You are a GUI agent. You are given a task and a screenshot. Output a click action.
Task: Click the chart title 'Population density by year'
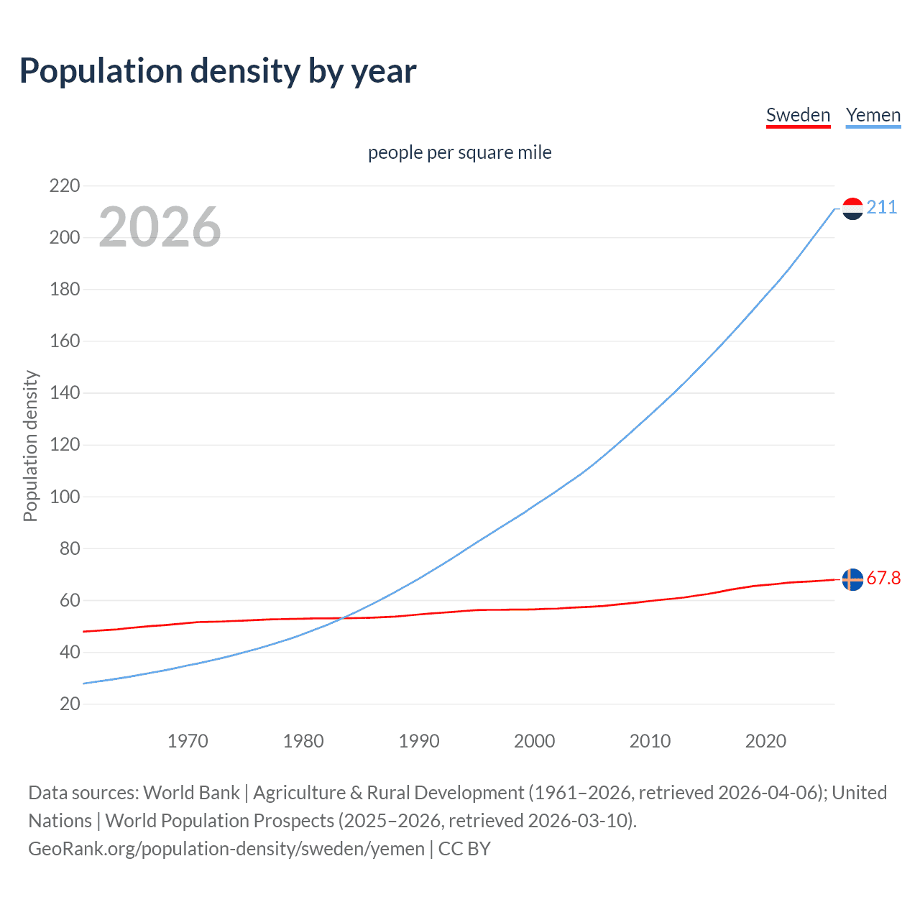[218, 70]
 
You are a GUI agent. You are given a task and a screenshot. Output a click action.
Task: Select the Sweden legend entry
[798, 115]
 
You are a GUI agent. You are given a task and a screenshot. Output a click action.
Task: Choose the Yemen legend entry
[873, 115]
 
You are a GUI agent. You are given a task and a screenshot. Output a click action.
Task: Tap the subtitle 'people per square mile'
[459, 152]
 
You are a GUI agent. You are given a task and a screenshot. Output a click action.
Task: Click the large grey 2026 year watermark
[160, 227]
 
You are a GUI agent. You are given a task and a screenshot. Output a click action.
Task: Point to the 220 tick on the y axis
[65, 186]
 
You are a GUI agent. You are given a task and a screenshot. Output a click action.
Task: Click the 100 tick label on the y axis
[65, 497]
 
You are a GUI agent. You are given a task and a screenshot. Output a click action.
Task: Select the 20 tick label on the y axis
[70, 704]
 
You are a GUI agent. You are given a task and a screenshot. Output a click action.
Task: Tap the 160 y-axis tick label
[65, 341]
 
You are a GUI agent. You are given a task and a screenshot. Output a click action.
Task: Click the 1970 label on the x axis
[188, 741]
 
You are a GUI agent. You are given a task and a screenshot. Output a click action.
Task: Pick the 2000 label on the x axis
[534, 741]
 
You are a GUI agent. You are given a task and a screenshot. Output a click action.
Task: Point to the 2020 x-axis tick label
[765, 741]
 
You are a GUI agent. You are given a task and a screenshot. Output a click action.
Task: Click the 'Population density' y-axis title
[30, 446]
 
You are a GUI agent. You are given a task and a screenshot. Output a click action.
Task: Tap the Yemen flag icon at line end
[852, 208]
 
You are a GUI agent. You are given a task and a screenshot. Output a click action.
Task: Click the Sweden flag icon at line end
[852, 579]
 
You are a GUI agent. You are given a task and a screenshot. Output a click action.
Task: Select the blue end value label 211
[881, 208]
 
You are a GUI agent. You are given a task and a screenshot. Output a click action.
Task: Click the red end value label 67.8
[883, 579]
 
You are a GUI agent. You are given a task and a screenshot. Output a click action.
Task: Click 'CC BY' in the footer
[464, 849]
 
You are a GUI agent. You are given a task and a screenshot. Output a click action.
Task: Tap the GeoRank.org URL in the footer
[226, 849]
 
